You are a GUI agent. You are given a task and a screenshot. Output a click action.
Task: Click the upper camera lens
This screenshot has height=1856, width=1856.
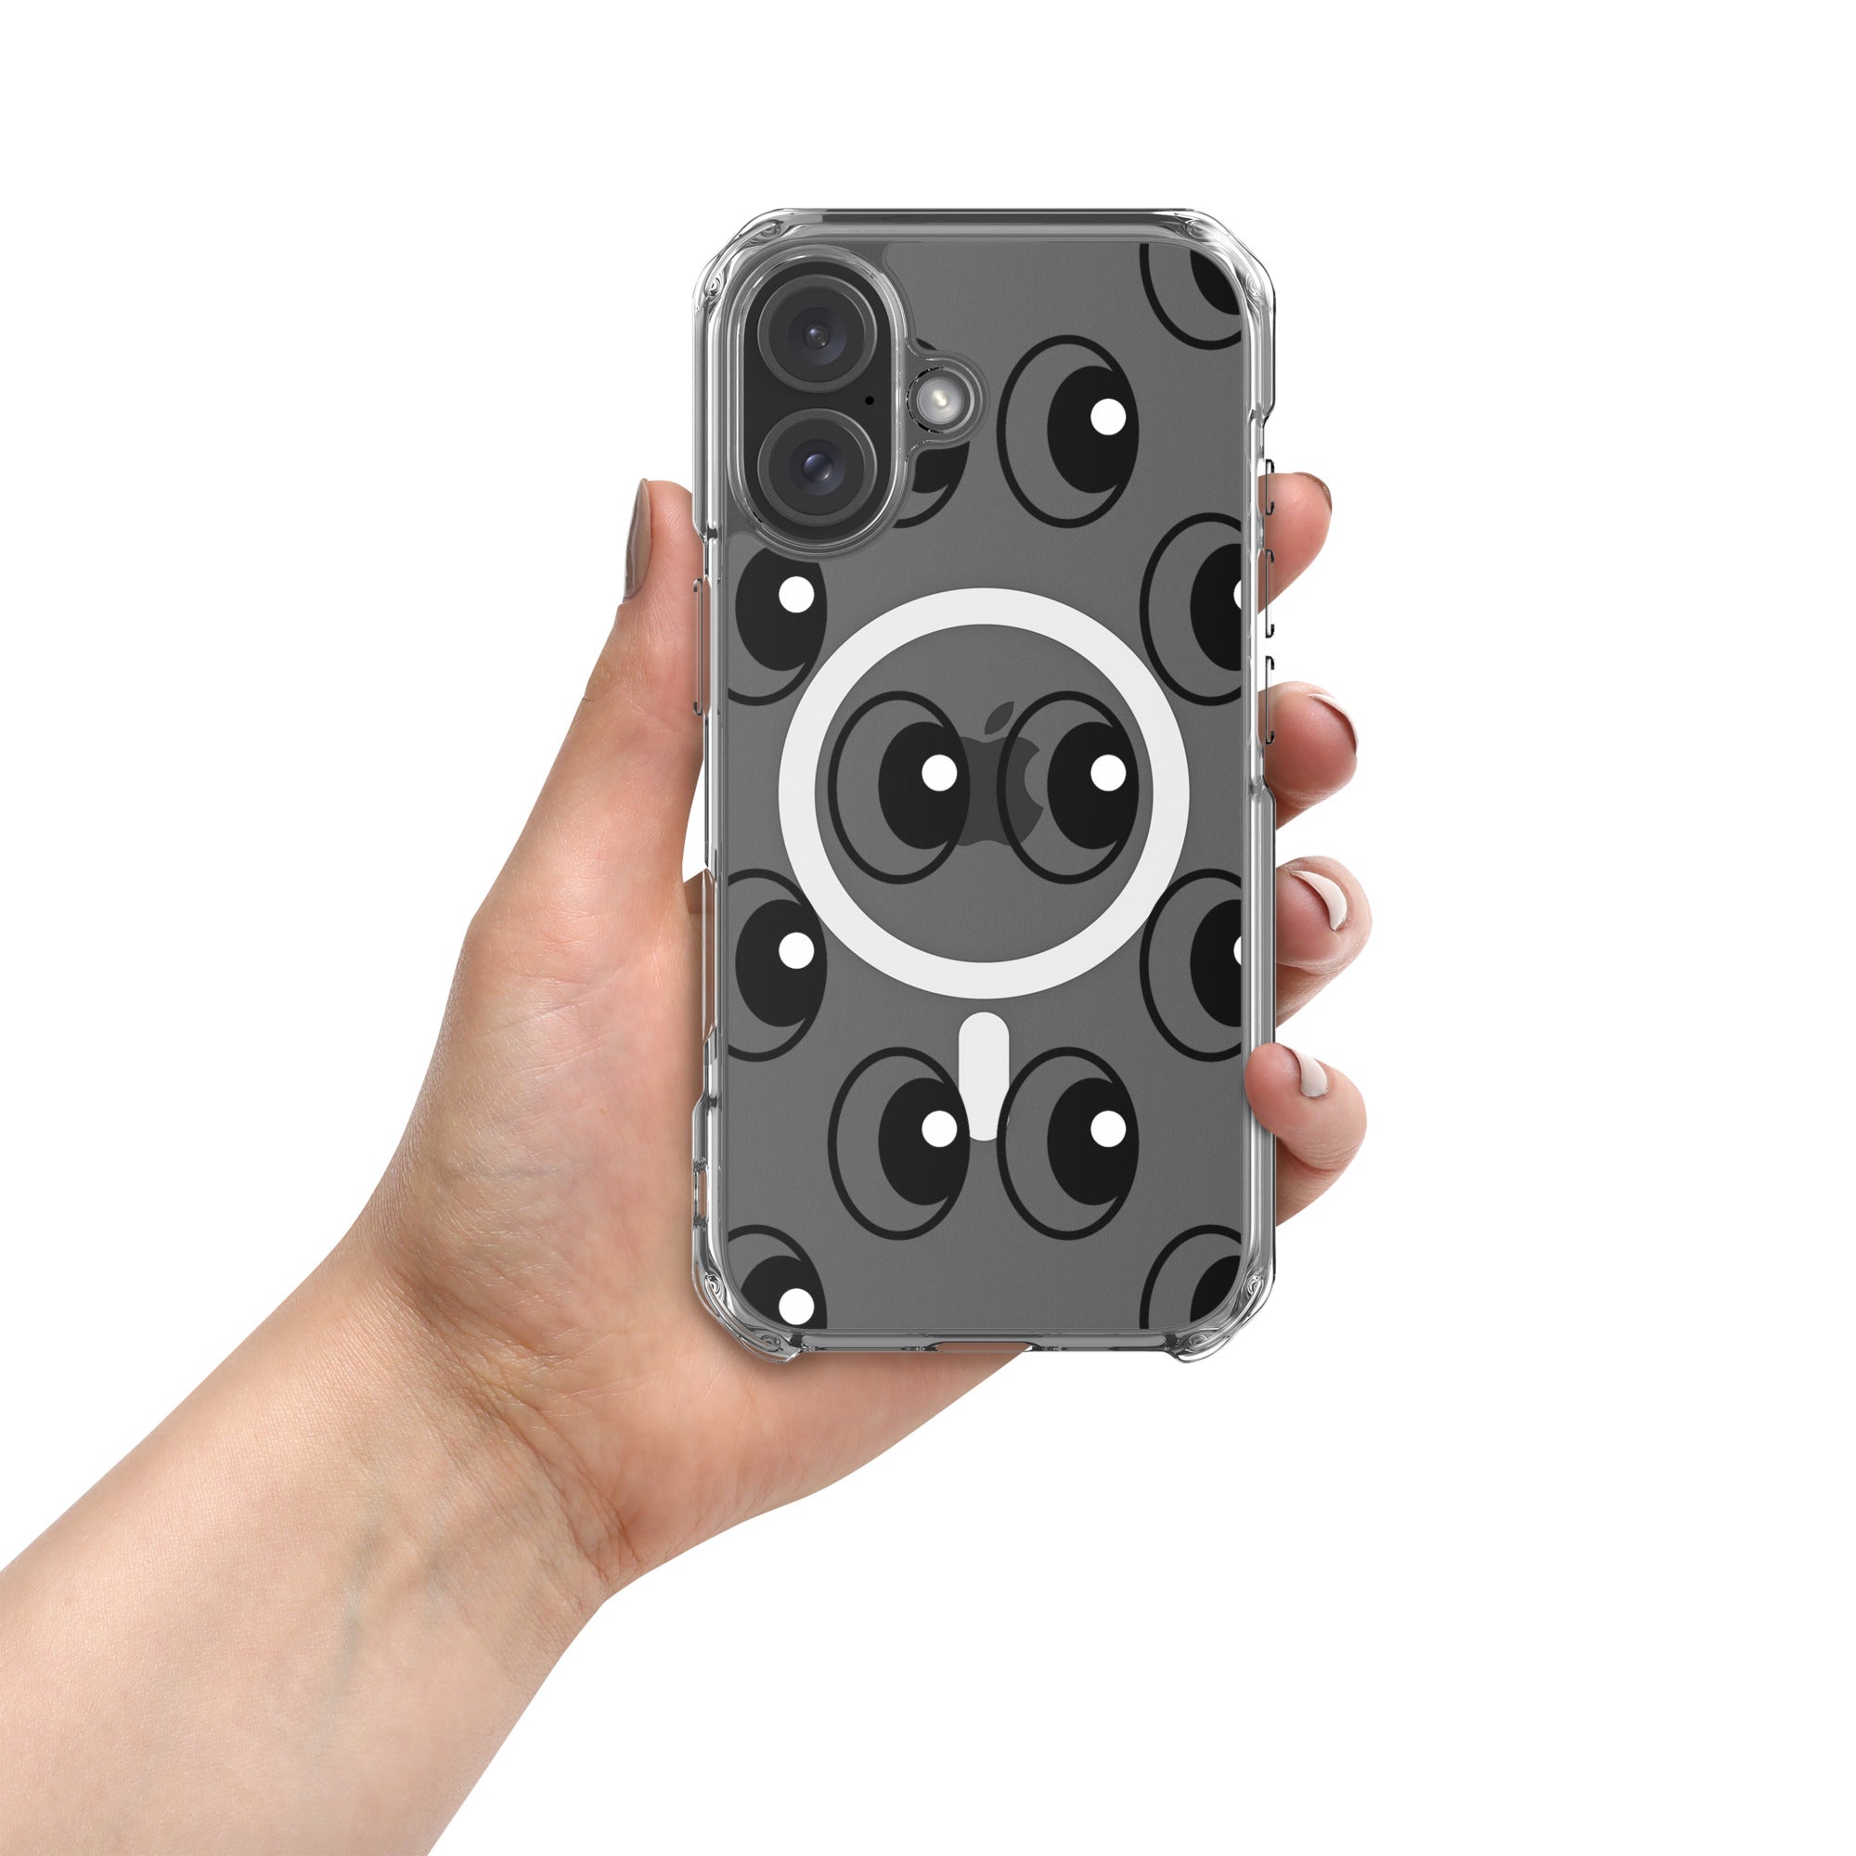(x=818, y=334)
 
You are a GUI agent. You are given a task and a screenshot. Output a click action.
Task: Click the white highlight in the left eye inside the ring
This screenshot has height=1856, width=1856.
(x=937, y=771)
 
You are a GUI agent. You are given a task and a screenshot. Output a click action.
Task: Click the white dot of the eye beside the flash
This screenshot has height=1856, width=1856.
(x=1108, y=415)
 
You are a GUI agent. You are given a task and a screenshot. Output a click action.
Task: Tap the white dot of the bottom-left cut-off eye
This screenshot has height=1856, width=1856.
(x=795, y=1307)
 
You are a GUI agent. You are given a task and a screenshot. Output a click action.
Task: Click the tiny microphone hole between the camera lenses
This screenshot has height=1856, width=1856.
(x=870, y=400)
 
